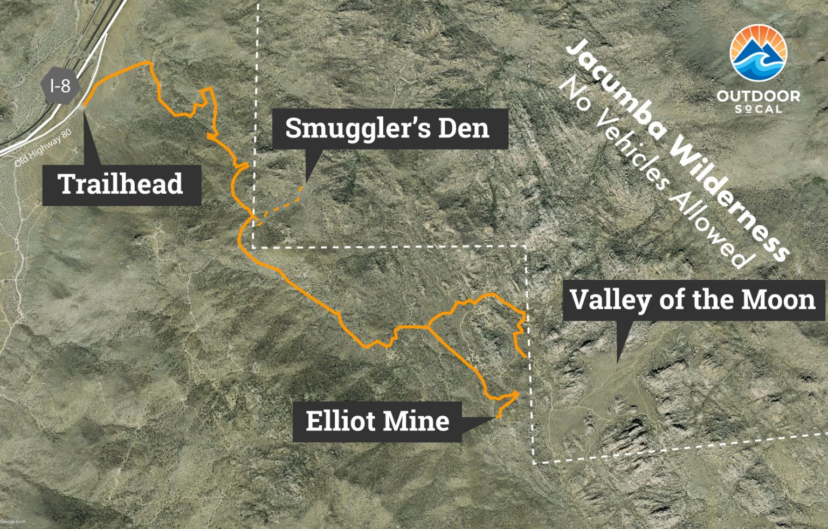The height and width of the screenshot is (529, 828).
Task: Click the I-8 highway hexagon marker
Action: click(x=60, y=86)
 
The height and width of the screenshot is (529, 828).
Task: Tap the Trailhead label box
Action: click(x=121, y=185)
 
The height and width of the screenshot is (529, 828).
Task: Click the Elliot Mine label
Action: click(x=377, y=422)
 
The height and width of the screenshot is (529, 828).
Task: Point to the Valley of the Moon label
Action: click(x=693, y=300)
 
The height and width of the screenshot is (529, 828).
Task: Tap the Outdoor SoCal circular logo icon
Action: click(x=758, y=52)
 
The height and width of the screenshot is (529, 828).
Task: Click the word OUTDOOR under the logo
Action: click(x=758, y=97)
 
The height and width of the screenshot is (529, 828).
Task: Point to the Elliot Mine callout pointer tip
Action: click(x=496, y=417)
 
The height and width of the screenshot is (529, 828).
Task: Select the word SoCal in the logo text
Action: click(x=758, y=109)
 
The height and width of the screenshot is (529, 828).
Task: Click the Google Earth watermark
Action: click(x=13, y=521)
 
